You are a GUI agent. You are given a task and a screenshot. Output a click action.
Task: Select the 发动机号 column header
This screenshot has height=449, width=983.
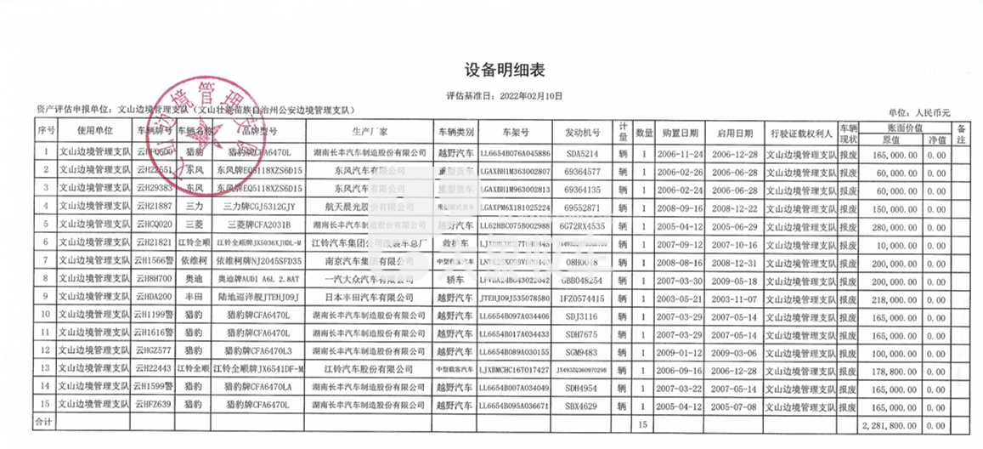(583, 133)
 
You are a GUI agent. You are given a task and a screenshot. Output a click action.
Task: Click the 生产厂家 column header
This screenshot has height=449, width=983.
(370, 133)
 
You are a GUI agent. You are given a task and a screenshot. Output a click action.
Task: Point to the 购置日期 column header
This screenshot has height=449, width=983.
(681, 133)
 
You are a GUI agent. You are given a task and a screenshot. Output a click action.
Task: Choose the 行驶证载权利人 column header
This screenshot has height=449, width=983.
(800, 133)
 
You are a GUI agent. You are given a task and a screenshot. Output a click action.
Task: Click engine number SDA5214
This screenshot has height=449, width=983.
(583, 153)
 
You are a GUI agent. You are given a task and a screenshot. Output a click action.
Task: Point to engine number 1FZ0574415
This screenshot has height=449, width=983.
(583, 298)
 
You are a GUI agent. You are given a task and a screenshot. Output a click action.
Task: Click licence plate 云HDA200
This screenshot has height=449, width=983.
(154, 298)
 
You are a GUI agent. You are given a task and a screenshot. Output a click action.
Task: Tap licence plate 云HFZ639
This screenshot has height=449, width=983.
(154, 405)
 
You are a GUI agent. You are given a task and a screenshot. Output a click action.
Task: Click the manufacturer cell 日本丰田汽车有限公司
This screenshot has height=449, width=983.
(370, 298)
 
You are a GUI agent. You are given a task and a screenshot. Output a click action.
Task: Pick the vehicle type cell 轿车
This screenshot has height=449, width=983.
(455, 279)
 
